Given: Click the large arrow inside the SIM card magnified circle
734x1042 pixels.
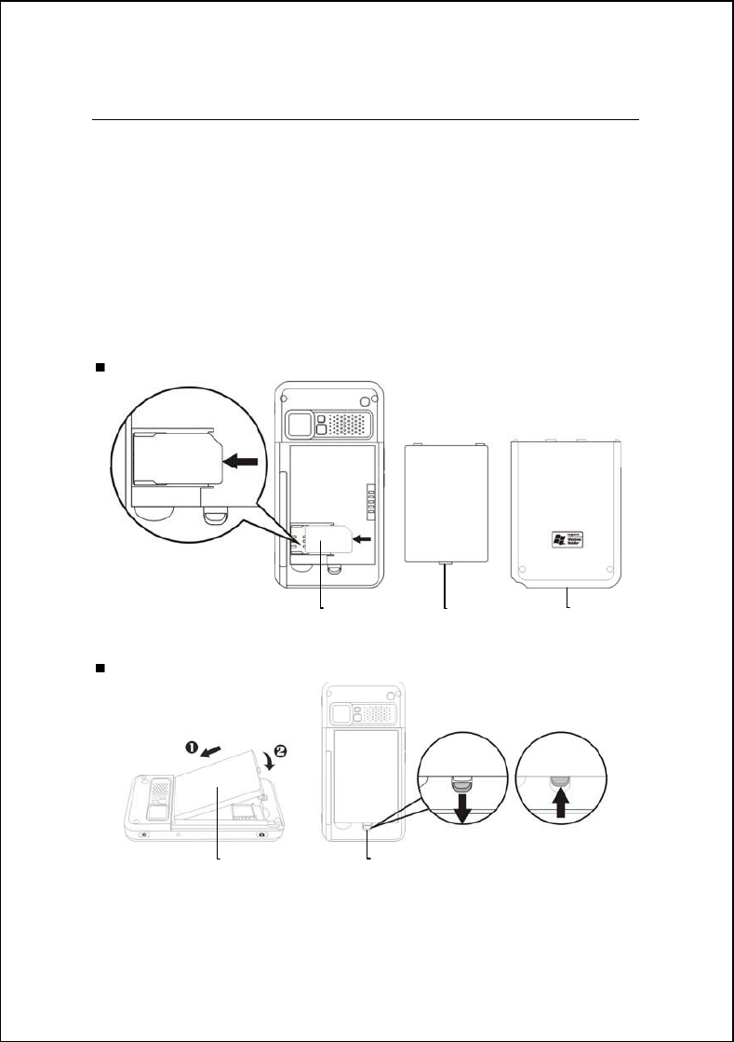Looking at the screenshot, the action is pyautogui.click(x=242, y=459).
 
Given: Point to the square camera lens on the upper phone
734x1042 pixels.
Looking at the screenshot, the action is pyautogui.click(x=299, y=425).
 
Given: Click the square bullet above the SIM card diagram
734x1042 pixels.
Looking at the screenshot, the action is pyautogui.click(x=99, y=368).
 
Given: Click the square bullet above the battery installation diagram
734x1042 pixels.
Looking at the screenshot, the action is pyautogui.click(x=99, y=669).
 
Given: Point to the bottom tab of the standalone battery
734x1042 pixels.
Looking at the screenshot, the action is pyautogui.click(x=445, y=563).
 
